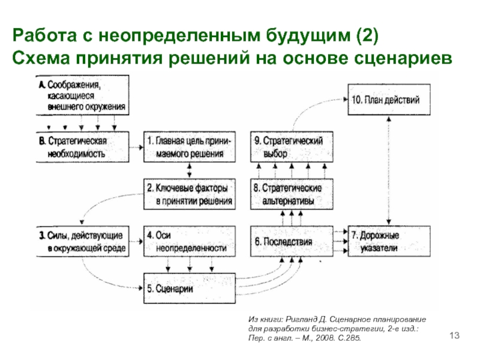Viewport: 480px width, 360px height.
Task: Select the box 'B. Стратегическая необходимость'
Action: pyautogui.click(x=79, y=147)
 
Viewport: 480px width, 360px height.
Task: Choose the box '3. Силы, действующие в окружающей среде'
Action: pyautogui.click(x=79, y=240)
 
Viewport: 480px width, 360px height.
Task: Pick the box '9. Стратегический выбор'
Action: pyautogui.click(x=290, y=147)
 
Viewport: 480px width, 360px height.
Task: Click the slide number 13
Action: pyautogui.click(x=454, y=334)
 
